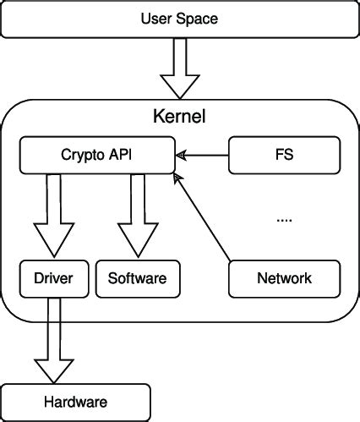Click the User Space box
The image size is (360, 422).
(179, 19)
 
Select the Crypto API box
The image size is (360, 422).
(97, 155)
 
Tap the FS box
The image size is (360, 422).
(284, 155)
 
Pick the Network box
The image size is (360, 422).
(284, 277)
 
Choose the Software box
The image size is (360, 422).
(137, 277)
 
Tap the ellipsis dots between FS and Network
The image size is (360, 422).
(284, 219)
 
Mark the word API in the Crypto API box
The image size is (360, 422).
(118, 155)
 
